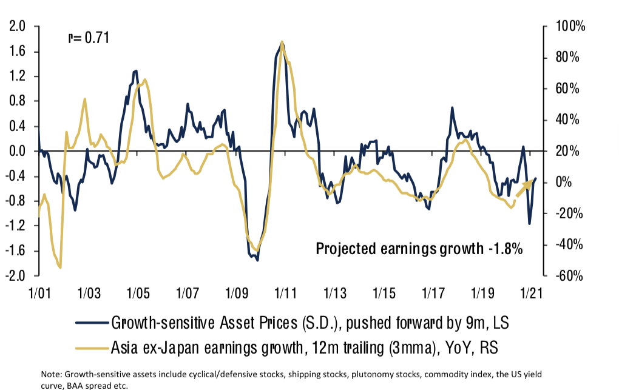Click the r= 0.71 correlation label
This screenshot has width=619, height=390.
[x=88, y=38]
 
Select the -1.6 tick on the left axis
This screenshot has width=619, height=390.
[x=18, y=251]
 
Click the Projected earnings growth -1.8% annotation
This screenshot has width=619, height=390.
[x=419, y=249]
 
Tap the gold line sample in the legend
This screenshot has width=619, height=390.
[x=91, y=347]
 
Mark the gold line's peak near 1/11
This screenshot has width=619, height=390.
[x=282, y=42]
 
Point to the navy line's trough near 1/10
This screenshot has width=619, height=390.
[x=258, y=260]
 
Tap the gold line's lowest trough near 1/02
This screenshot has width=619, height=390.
[x=60, y=267]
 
